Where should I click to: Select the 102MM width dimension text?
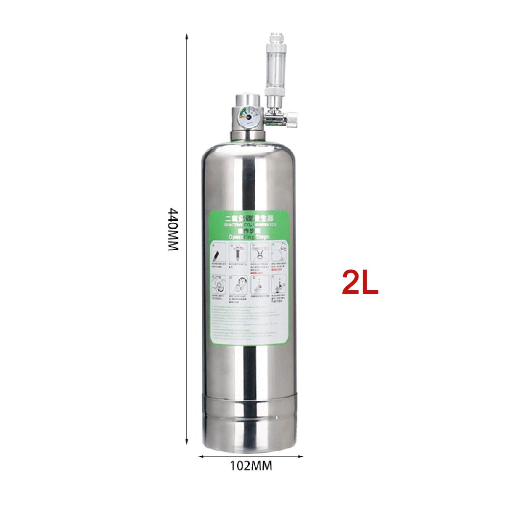point(251,466)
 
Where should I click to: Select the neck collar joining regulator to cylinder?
point(247,136)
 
